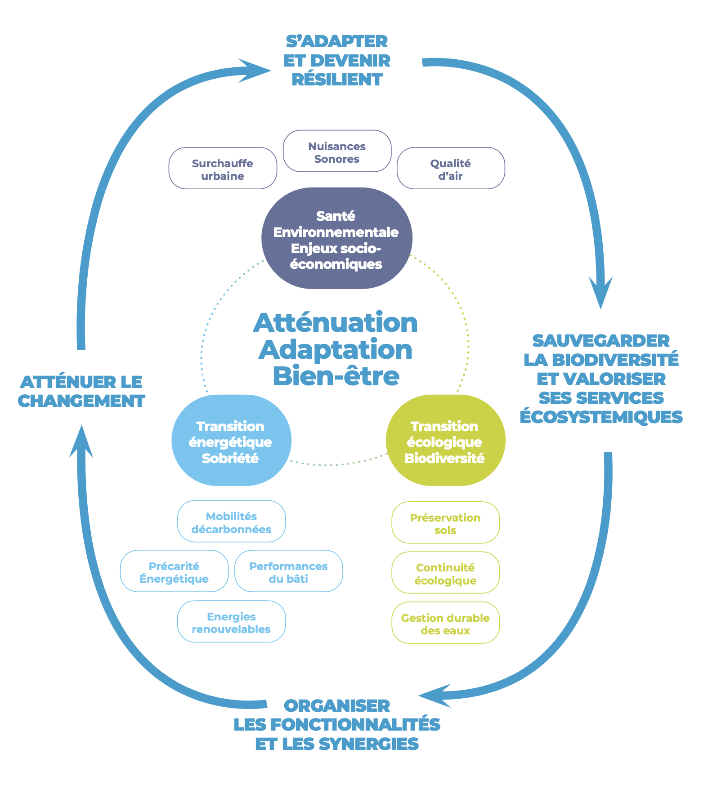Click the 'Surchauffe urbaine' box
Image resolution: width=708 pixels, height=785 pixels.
coord(223,168)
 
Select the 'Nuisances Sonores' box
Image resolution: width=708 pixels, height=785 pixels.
coord(337,151)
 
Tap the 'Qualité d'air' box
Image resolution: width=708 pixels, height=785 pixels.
coord(451,168)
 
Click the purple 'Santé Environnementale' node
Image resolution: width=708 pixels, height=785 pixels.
coord(336,238)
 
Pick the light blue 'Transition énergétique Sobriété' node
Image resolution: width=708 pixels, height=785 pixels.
coord(231,441)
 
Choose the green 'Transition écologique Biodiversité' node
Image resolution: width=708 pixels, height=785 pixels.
coord(445,441)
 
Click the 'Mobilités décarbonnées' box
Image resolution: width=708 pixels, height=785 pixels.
coord(231,522)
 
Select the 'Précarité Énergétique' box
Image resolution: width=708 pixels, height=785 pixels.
coord(174,571)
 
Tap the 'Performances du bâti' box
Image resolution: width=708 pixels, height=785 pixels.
coord(288,571)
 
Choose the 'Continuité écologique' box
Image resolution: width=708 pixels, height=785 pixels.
coord(445,573)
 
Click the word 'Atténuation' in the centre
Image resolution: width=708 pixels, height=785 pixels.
coord(336,323)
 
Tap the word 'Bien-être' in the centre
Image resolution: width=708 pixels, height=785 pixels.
coord(336,376)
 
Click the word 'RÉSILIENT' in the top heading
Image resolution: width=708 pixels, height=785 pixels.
coord(337,80)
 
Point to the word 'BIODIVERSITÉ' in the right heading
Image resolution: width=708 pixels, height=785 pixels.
coord(615,360)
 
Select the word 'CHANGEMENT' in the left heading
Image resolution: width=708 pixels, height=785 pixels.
coord(81,401)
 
